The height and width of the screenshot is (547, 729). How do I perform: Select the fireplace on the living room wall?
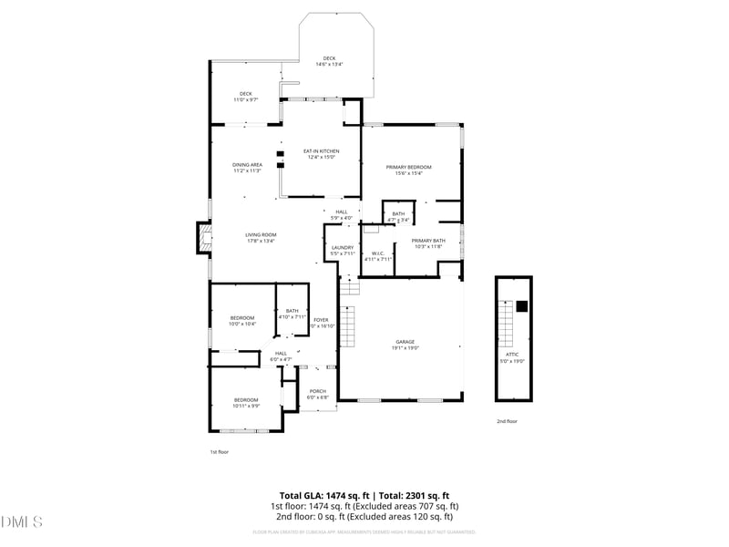pos(203,240)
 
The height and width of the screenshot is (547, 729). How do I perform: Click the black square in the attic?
pos(522,306)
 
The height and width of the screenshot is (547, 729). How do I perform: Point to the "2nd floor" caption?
pos(507,421)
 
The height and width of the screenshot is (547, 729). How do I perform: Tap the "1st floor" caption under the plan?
pos(220,451)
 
